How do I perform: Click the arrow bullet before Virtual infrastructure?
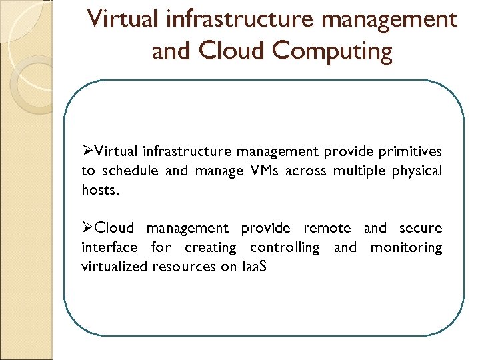(x=87, y=151)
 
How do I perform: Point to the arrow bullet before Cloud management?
(x=87, y=228)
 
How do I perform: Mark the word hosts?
(x=101, y=190)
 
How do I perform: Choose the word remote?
(x=327, y=228)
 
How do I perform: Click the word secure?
(x=421, y=228)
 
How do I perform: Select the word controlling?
(x=285, y=247)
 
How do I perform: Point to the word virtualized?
(x=114, y=267)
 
